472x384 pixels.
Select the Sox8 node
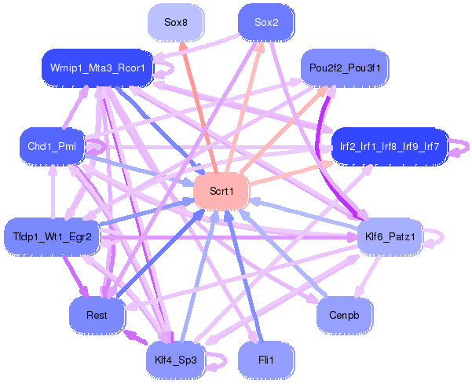point(176,22)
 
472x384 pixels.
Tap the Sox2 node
point(266,22)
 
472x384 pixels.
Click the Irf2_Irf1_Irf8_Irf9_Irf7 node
point(390,146)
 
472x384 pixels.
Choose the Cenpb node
point(345,314)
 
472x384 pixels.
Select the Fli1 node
point(266,360)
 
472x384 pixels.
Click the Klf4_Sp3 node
point(176,360)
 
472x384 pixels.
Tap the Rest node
point(97,314)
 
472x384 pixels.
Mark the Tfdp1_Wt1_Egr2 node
point(53,236)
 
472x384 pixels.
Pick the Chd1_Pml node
point(50,146)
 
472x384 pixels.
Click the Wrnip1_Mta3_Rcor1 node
point(97,68)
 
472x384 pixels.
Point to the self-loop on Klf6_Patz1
point(437,236)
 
